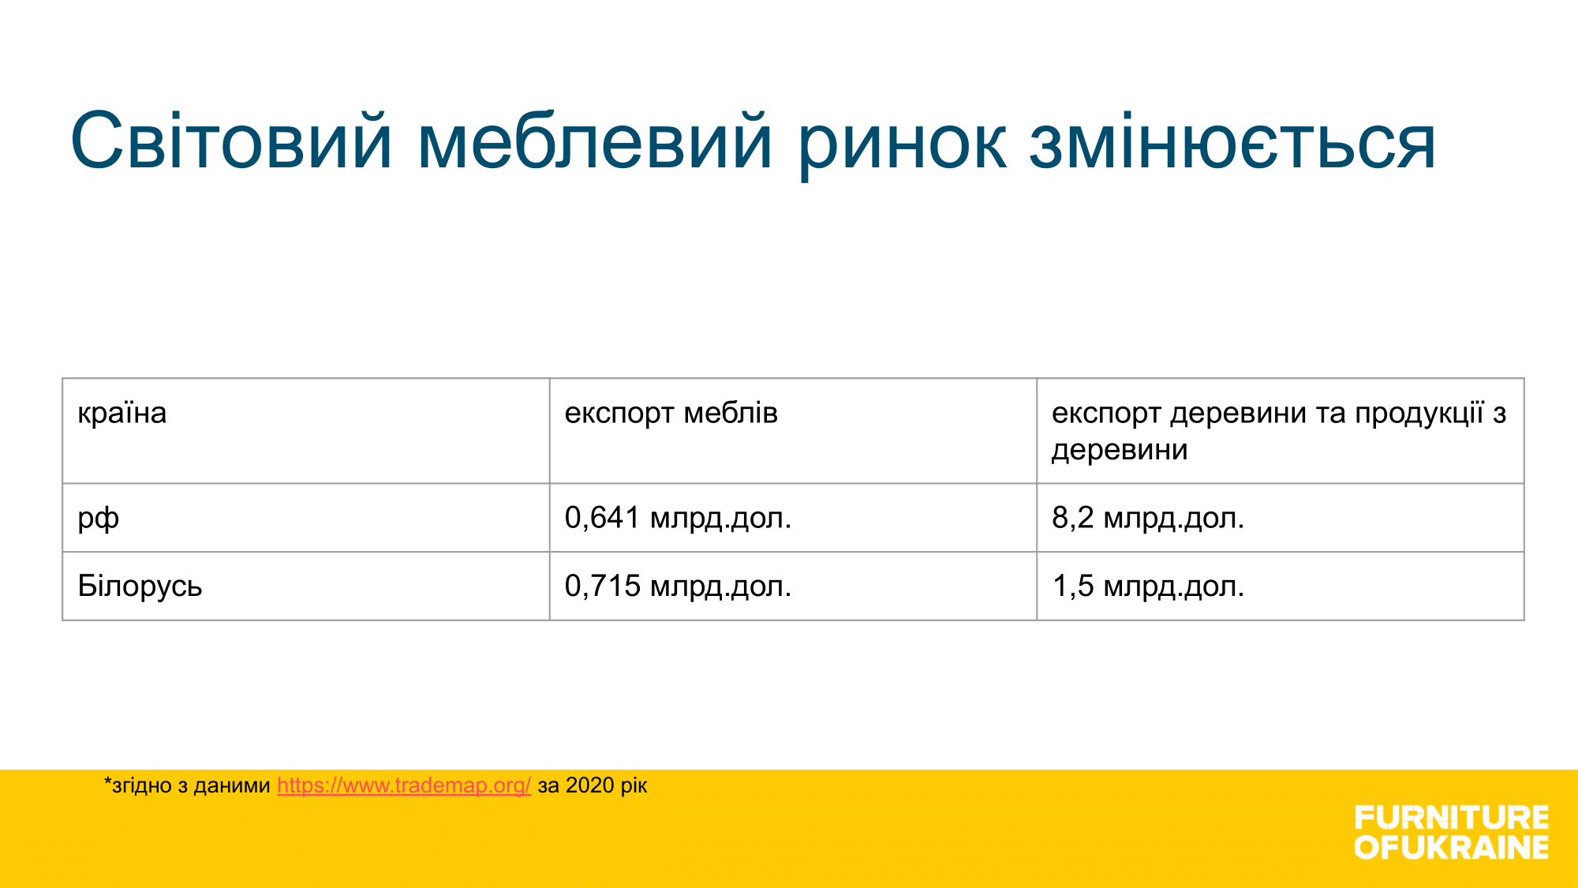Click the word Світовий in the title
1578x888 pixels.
point(231,141)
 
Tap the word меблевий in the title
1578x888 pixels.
point(594,141)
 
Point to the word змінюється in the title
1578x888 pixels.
point(1232,141)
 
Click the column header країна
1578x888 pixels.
point(122,413)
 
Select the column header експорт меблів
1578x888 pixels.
point(671,414)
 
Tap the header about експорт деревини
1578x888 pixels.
point(1279,431)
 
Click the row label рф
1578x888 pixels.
point(99,519)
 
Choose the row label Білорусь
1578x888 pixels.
point(140,586)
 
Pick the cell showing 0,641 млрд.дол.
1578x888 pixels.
point(678,518)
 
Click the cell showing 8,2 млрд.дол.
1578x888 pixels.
point(1148,518)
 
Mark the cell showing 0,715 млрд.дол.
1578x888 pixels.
point(678,586)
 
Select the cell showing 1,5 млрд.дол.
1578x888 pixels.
point(1148,586)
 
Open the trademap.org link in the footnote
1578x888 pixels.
point(404,785)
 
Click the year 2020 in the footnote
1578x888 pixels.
point(590,785)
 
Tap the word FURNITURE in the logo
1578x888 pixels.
point(1452,817)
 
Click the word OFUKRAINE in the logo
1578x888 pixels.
point(1452,847)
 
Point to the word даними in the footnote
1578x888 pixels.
point(232,786)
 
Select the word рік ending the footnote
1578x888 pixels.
point(634,786)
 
